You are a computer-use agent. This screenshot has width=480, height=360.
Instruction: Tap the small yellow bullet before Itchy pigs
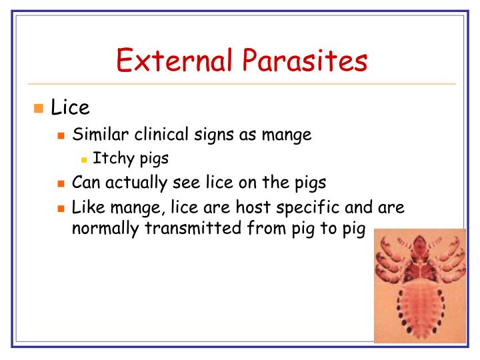[x=84, y=161]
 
